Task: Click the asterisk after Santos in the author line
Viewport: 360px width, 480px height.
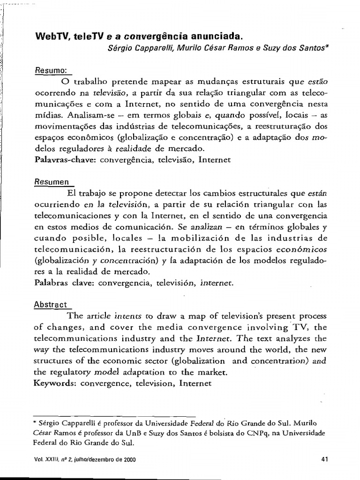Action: [x=328, y=47]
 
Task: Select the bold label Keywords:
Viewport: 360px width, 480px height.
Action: [x=56, y=383]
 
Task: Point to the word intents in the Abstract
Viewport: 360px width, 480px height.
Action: [x=128, y=315]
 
